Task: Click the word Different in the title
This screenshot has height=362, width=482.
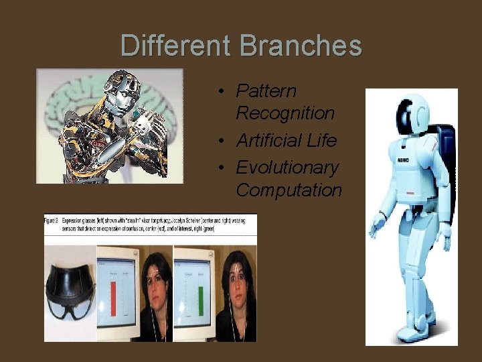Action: [x=175, y=46]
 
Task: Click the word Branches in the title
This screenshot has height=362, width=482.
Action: [x=300, y=46]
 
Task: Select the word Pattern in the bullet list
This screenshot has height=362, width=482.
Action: [x=266, y=90]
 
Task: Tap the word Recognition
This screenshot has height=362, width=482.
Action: [x=285, y=113]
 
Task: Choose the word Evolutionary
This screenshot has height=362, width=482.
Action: [x=287, y=167]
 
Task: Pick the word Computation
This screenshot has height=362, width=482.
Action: [x=289, y=190]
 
